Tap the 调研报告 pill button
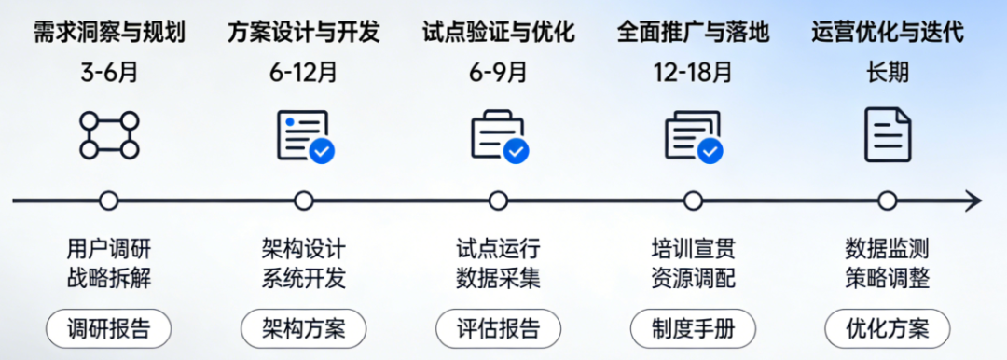click(108, 329)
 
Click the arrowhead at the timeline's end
click(974, 201)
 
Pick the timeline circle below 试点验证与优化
click(498, 201)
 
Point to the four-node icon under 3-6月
click(109, 135)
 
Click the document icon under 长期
click(888, 134)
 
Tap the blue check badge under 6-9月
click(517, 151)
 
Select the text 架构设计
click(304, 248)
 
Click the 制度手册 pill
click(693, 329)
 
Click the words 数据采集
click(498, 278)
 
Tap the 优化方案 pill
click(888, 329)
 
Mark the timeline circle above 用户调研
click(109, 201)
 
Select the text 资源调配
click(693, 278)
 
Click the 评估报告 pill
click(498, 329)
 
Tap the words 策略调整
click(888, 278)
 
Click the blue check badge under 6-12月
click(322, 151)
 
